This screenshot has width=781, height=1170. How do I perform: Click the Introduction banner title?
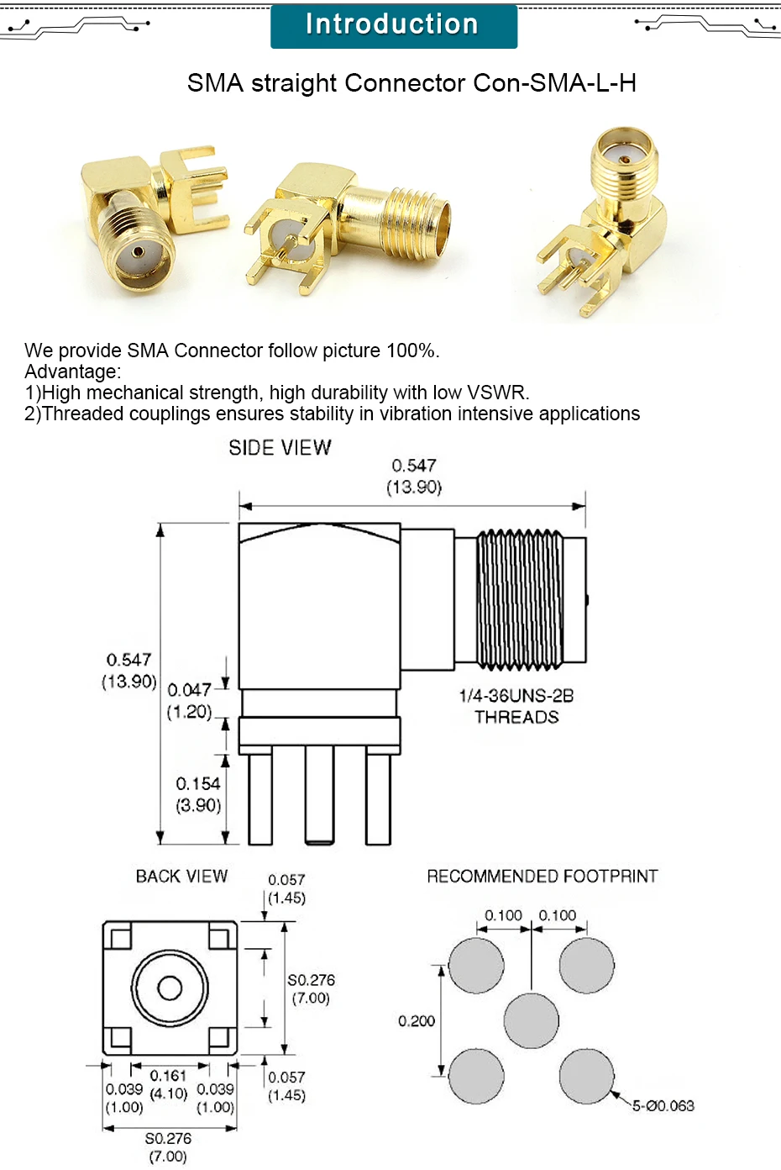(392, 24)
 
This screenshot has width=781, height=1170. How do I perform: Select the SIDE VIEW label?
(280, 448)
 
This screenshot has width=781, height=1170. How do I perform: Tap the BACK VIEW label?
(181, 877)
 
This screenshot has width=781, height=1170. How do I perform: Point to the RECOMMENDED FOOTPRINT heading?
(542, 877)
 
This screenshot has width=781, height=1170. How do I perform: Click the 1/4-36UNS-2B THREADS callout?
(516, 706)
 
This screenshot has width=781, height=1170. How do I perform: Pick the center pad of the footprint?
(531, 1020)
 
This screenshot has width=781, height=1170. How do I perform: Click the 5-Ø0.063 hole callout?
(663, 1106)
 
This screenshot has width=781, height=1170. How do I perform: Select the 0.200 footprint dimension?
(417, 1021)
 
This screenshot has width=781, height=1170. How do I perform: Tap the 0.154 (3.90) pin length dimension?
(198, 794)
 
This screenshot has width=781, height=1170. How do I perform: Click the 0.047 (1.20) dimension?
(189, 701)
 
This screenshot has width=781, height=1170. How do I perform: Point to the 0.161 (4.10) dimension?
(168, 1084)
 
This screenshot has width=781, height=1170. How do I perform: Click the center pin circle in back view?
(170, 988)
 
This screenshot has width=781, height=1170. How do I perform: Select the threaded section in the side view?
(519, 600)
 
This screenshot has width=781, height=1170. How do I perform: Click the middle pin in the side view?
(319, 794)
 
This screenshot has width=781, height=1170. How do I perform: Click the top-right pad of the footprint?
(586, 966)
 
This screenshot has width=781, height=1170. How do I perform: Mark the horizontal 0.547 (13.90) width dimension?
(414, 477)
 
